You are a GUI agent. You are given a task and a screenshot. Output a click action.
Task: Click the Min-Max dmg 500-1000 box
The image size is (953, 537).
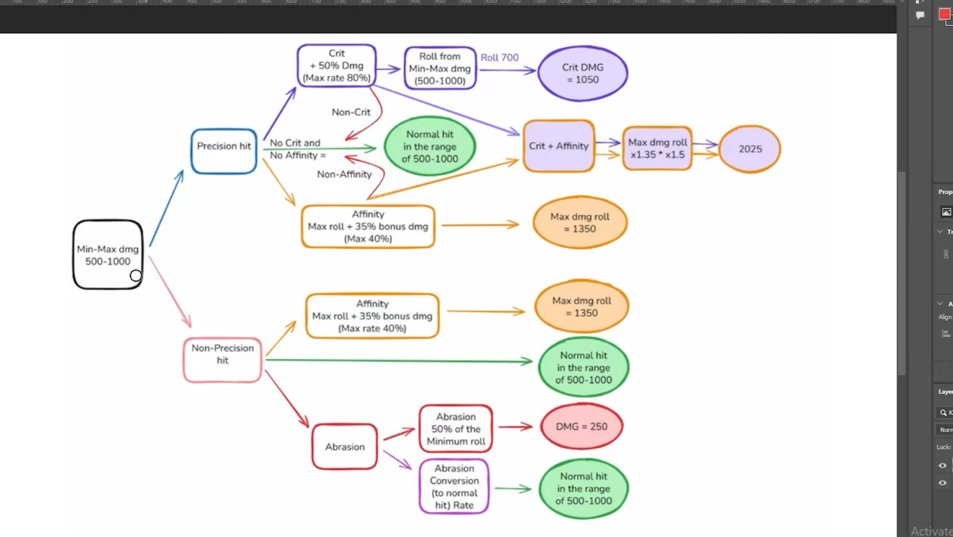(108, 255)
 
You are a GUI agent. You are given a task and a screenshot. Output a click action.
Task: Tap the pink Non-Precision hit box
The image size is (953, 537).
(222, 360)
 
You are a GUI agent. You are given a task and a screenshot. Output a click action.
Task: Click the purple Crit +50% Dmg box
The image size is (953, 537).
(336, 66)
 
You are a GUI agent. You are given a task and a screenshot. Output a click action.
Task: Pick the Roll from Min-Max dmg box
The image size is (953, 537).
(440, 68)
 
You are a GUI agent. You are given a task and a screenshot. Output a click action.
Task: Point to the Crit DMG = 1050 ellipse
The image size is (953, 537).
(582, 73)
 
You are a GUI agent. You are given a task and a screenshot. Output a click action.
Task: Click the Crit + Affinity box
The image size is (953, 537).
(558, 146)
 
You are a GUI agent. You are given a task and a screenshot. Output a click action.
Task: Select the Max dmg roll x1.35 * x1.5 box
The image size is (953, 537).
(657, 149)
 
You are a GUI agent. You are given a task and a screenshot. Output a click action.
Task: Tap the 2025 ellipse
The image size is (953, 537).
(750, 149)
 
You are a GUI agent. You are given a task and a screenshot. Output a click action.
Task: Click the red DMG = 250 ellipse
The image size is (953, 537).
(582, 427)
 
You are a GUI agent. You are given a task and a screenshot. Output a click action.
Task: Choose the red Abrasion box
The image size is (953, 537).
(344, 446)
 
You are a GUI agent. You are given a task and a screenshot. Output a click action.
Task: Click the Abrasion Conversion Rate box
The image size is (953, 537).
(454, 486)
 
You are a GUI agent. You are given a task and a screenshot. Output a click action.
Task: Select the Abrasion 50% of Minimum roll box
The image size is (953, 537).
(456, 428)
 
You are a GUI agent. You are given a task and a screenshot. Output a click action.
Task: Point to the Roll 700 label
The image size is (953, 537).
(499, 57)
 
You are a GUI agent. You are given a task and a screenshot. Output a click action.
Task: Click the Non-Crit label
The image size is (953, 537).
(351, 112)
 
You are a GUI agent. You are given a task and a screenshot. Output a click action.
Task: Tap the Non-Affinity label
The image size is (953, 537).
(344, 174)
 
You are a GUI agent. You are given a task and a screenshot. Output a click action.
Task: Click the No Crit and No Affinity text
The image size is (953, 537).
(297, 149)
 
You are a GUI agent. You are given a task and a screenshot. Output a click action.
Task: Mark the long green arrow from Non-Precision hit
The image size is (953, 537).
(399, 361)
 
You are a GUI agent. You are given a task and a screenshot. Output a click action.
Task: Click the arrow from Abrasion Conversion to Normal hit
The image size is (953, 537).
(513, 489)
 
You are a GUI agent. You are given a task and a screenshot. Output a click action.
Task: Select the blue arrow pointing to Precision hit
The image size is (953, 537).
(166, 208)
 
